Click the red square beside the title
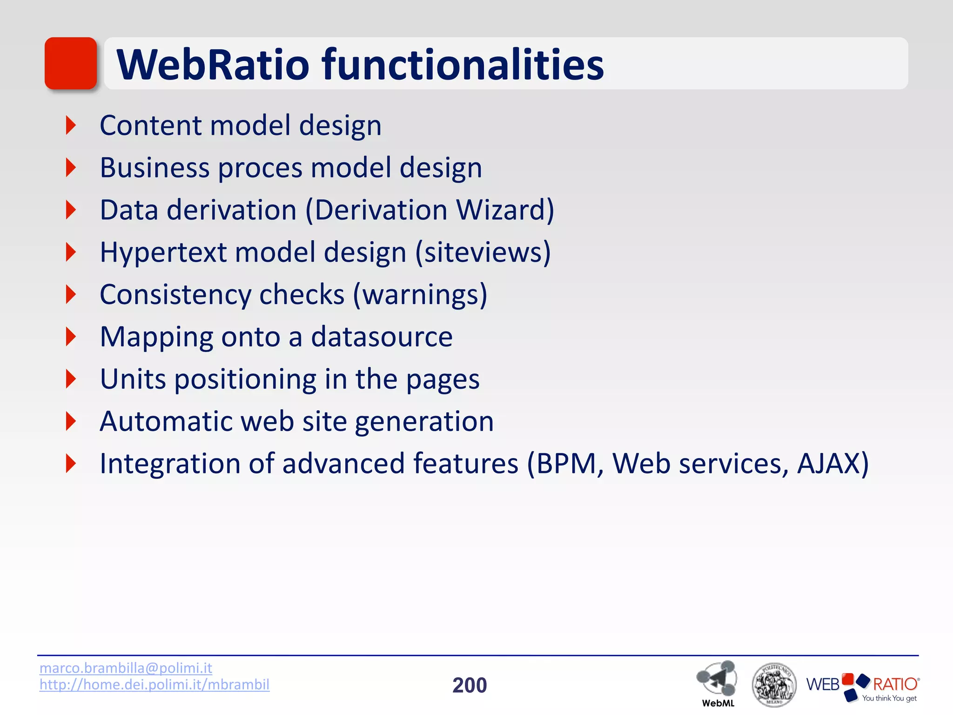coord(71,63)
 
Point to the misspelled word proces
coord(260,168)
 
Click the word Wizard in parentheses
coord(504,210)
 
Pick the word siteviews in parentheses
coord(482,252)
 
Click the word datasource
coord(382,337)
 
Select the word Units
coord(133,379)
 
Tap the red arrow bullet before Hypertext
coord(71,252)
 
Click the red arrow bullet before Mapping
coord(71,337)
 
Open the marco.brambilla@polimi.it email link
coord(126,668)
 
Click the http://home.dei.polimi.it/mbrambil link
coord(154,684)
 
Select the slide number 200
coord(470,685)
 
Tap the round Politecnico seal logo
coord(773,684)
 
